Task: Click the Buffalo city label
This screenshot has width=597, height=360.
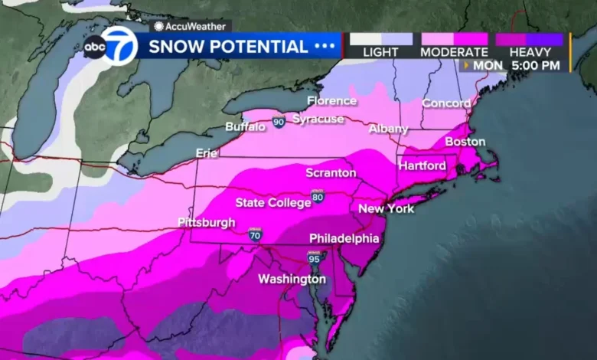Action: tap(245, 126)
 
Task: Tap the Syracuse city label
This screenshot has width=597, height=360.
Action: tap(318, 119)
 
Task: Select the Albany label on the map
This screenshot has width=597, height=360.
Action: tap(388, 129)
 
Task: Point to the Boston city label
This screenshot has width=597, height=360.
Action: tap(465, 142)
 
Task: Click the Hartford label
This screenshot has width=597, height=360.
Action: tap(421, 165)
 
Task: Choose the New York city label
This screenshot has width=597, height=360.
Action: tap(386, 208)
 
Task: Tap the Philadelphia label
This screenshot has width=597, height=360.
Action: tap(344, 238)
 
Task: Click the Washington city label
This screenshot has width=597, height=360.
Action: tap(292, 279)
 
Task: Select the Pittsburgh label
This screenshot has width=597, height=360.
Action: tap(206, 222)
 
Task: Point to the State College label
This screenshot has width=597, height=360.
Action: tap(272, 203)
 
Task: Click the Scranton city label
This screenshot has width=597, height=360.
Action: tap(331, 172)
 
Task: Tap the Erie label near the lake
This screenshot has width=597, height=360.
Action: tap(207, 153)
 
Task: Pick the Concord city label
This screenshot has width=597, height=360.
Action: tap(445, 103)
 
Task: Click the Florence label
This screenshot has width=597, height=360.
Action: tap(331, 100)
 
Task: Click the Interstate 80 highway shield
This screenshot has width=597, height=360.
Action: tap(317, 197)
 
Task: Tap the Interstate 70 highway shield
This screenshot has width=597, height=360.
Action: tap(255, 236)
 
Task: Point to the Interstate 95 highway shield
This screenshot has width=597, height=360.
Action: tap(314, 259)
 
